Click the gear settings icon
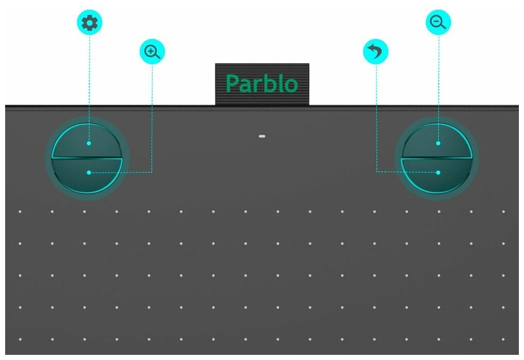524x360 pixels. click(x=89, y=23)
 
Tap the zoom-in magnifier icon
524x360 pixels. click(x=152, y=52)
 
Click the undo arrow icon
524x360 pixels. click(x=376, y=52)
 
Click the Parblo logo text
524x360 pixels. click(x=261, y=84)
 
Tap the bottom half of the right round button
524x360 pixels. click(x=437, y=175)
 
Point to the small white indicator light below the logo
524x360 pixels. click(x=262, y=137)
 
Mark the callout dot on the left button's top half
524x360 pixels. click(x=89, y=143)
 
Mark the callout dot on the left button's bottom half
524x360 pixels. click(x=89, y=173)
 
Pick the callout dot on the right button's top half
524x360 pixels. click(x=438, y=143)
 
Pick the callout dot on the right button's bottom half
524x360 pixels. click(x=438, y=173)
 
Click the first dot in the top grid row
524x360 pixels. click(x=20, y=211)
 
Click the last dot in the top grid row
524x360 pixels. click(x=503, y=211)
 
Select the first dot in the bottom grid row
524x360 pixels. click(x=20, y=339)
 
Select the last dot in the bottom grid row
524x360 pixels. click(x=503, y=339)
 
